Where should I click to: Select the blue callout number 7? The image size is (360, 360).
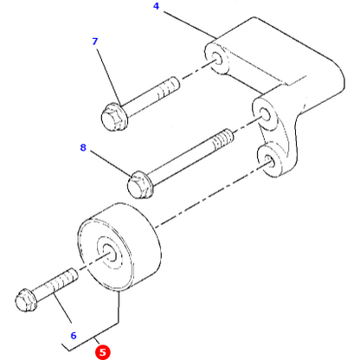96,42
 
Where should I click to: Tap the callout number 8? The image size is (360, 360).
84,148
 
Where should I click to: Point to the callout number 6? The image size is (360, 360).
74,335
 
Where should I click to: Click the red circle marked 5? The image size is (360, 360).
103,351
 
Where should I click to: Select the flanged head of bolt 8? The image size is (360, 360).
139,184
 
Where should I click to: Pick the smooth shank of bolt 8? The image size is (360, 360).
182,161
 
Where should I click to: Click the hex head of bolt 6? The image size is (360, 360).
26,302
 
